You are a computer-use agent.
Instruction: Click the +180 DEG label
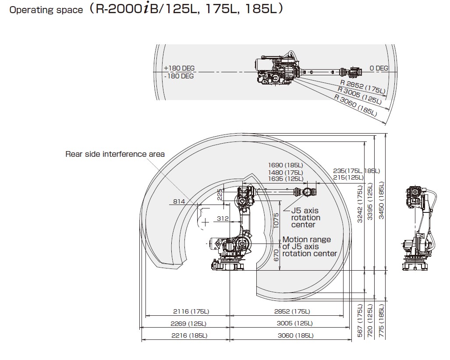(179, 68)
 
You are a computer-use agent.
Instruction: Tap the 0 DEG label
(379, 68)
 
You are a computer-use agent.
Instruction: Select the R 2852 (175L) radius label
(363, 86)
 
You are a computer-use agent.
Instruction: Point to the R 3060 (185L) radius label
(355, 106)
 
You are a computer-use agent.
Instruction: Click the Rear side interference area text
(115, 154)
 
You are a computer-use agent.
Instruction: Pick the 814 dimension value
(178, 201)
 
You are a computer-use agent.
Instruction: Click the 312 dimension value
(223, 219)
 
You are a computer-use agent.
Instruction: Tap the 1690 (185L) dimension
(285, 166)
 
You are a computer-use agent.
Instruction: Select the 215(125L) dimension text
(348, 177)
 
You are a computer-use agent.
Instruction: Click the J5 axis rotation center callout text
(306, 218)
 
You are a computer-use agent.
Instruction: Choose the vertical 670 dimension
(276, 255)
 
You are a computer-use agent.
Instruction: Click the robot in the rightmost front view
(418, 228)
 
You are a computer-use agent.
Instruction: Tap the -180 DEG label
(178, 76)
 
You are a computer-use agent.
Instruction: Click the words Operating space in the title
(46, 10)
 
